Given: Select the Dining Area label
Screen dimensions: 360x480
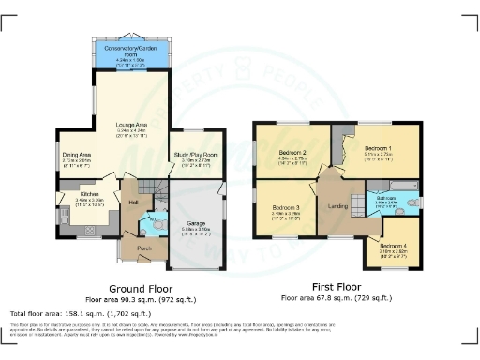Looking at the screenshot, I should tap(76, 154).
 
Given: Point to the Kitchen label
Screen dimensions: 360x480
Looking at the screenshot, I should tap(76, 195).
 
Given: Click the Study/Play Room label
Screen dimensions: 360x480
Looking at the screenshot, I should tap(197, 154).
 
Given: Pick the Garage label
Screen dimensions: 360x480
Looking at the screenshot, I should tap(196, 222).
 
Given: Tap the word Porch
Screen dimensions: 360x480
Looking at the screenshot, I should tap(144, 247).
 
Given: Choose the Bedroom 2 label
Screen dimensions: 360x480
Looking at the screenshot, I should tap(292, 152).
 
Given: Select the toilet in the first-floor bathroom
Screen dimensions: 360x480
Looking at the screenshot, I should tap(413, 202).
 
